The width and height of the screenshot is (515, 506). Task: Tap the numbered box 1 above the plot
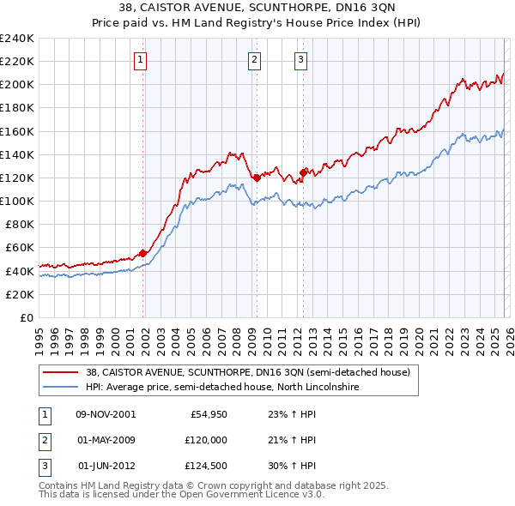[x=140, y=59]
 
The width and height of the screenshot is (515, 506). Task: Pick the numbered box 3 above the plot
[x=301, y=59]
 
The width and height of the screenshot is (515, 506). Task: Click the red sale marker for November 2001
[x=143, y=253]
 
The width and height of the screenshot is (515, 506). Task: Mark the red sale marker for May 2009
[x=257, y=178]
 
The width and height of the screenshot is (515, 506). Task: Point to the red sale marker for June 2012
[x=303, y=172]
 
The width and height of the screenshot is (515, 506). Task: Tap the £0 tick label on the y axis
[x=26, y=317]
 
